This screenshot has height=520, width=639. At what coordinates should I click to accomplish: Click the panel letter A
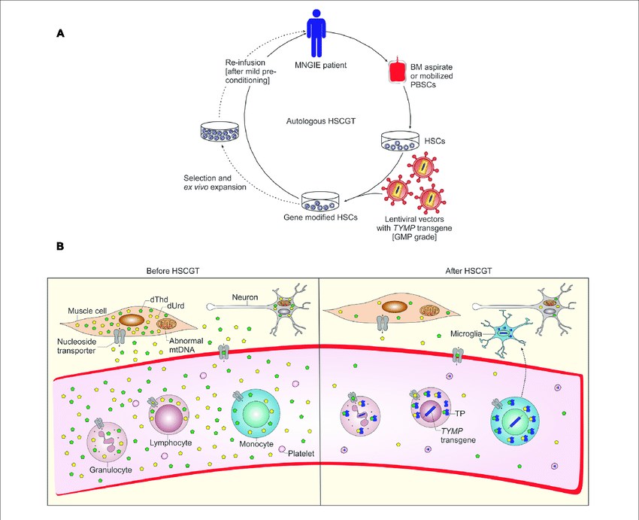click(x=59, y=34)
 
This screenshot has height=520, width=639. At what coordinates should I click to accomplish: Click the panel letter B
click(x=59, y=245)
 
